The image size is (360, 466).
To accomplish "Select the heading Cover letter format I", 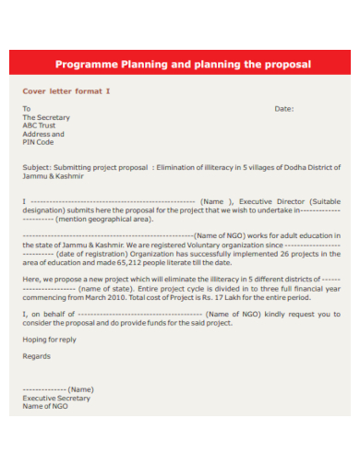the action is coord(66,91).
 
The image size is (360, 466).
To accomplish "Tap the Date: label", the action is coord(284,109).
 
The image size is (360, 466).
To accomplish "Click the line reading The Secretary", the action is coord(46,118).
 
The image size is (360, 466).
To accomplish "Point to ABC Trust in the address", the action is coord(41,126).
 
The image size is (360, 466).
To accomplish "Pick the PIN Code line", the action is coord(38,143).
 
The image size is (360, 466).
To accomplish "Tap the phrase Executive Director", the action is coord(278,201).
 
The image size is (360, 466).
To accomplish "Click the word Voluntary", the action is coord(191,245).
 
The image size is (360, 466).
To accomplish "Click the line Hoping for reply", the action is coord(49,340).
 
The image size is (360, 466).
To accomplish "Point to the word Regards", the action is coord(36,356).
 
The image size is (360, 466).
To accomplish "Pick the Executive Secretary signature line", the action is coord(56,398).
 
